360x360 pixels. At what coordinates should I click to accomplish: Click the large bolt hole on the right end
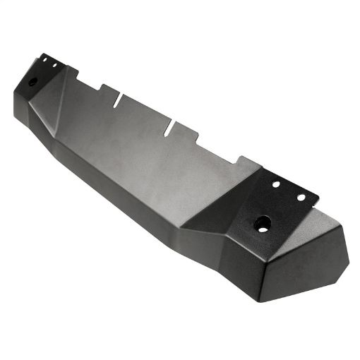pyautogui.click(x=263, y=225)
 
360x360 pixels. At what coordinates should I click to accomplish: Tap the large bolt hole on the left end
pyautogui.click(x=32, y=81)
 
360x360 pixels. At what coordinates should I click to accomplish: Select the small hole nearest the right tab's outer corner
pyautogui.click(x=301, y=197)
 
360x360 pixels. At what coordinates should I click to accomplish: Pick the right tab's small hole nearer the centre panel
pyautogui.click(x=276, y=184)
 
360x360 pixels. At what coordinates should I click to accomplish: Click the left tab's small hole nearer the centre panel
pyautogui.click(x=54, y=66)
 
